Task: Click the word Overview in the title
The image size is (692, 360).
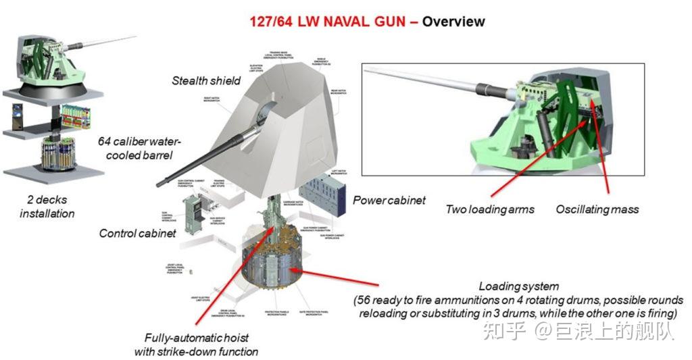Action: click(453, 22)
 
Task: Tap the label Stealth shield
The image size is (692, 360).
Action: click(206, 80)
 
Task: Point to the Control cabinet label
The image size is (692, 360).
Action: click(137, 233)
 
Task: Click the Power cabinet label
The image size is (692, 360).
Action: click(389, 200)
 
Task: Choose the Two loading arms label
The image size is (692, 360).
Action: click(489, 209)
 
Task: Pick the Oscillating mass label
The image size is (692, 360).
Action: click(597, 209)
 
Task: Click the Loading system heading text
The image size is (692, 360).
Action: click(518, 286)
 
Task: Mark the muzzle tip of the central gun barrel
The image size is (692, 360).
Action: click(159, 183)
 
